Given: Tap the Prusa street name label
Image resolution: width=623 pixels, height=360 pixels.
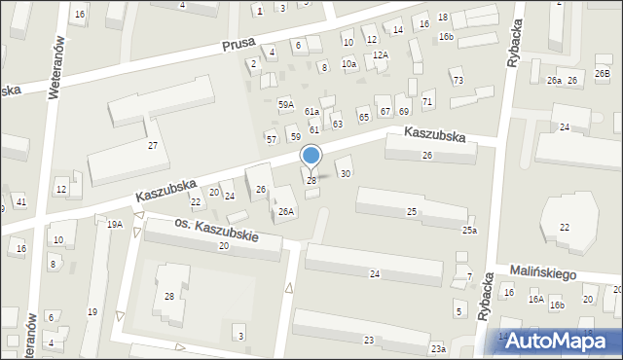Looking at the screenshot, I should pos(238,46).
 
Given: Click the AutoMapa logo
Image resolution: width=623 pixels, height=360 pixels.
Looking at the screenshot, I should pos(560,340).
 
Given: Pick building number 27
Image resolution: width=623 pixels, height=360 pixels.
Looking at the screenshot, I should pos(153,145).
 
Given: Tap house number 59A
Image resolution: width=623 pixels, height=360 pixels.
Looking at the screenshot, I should pos(285,104).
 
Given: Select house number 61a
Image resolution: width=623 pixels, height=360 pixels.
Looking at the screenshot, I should pos(311,112).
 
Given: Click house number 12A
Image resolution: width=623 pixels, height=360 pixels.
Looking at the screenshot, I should pos(380,54).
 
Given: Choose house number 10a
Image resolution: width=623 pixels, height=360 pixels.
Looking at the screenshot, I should pos(348,63).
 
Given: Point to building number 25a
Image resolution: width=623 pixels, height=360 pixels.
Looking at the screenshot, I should pos(469,230).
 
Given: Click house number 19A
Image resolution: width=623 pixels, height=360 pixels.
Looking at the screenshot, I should pos(115,224).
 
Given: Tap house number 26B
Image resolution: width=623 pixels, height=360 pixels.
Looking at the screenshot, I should pos(602,80).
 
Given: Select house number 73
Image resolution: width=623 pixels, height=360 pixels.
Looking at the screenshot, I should pos(458,80).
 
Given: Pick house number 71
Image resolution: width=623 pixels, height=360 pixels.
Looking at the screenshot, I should pos(427,102).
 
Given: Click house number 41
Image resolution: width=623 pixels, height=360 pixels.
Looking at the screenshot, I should pos(20,201).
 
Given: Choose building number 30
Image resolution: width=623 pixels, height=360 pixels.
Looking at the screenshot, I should pos(345,173).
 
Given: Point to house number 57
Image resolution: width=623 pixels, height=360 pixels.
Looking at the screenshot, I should pos(272,139).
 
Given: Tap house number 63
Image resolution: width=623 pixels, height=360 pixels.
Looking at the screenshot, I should pos(337,124).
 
